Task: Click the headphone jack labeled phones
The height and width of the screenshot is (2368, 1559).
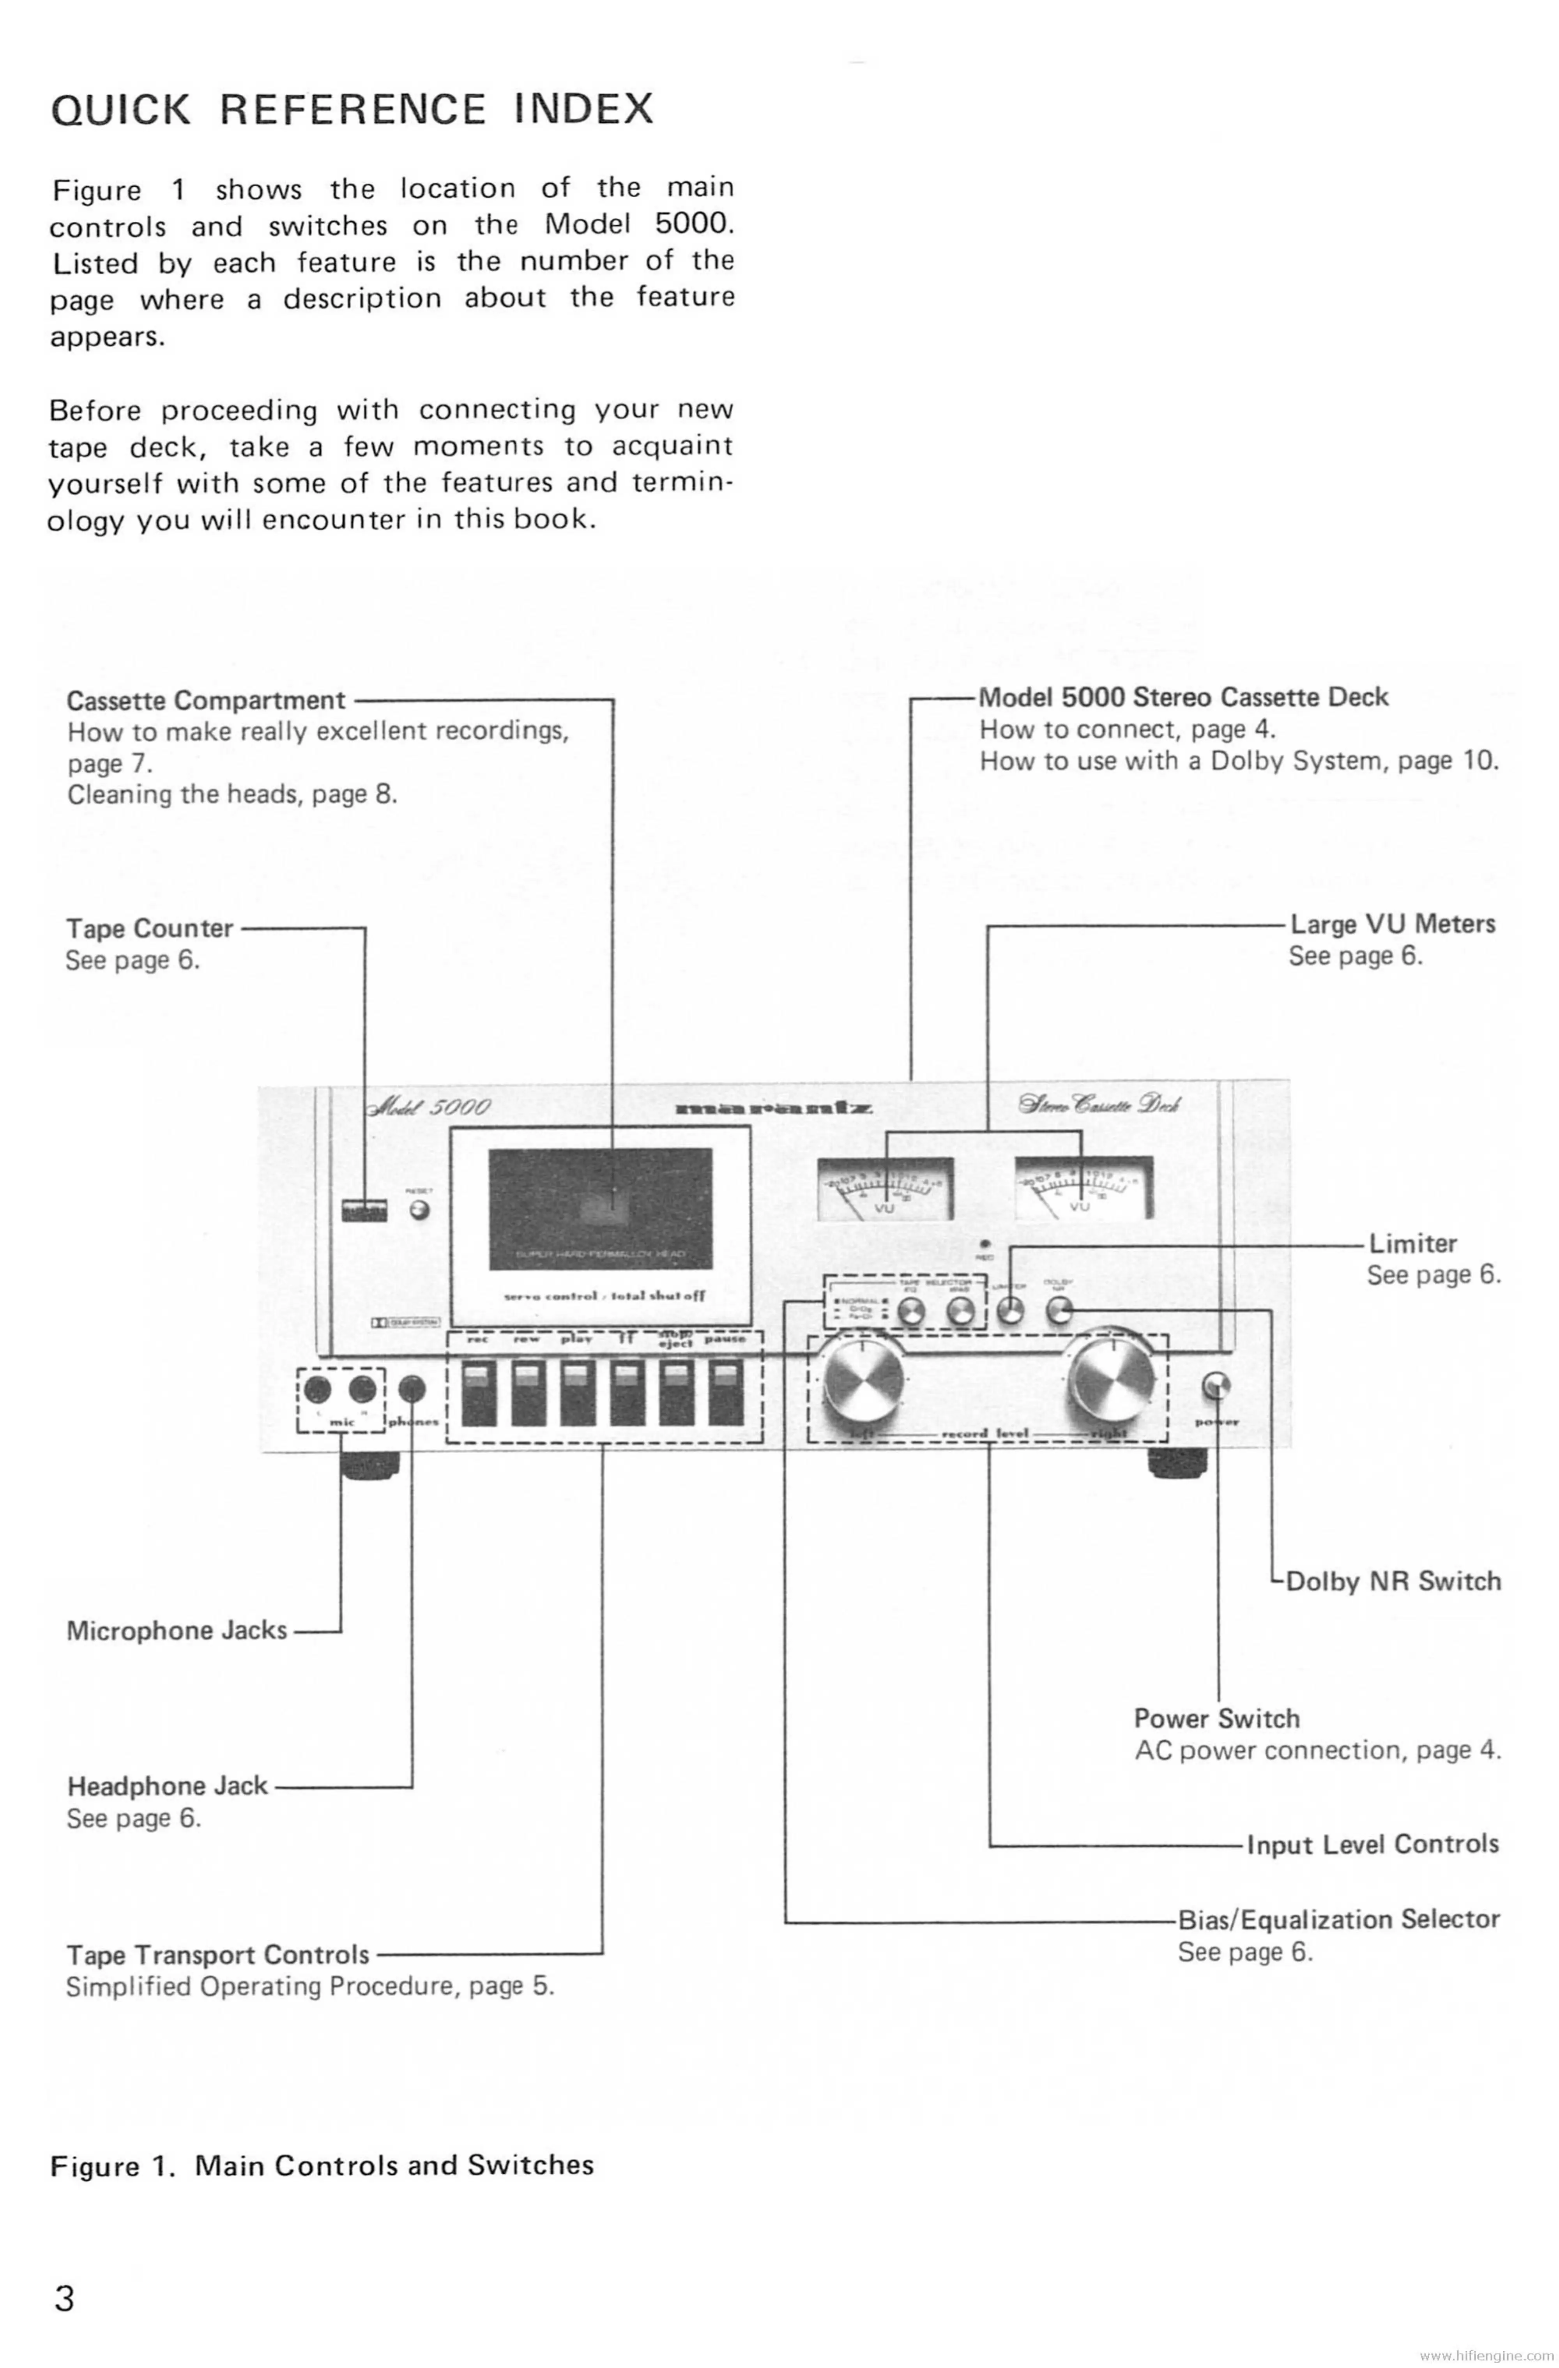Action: click(x=412, y=1389)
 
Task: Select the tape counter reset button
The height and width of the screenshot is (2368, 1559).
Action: click(x=420, y=1211)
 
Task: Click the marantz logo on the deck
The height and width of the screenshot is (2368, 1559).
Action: click(x=774, y=1108)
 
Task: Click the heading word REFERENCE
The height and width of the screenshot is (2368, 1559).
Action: click(x=353, y=108)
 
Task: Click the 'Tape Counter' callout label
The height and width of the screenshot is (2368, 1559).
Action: click(x=149, y=928)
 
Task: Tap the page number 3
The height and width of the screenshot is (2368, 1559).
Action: click(x=64, y=2318)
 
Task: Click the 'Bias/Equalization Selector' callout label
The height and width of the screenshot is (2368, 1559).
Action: click(x=1338, y=1919)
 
